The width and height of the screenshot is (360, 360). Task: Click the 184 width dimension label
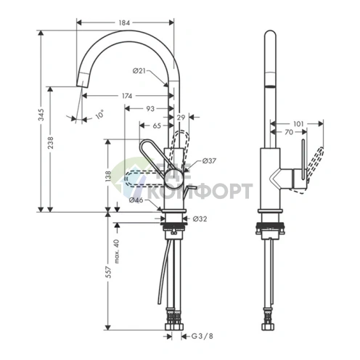coord(124,22)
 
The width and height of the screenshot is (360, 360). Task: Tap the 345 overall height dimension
coord(41,115)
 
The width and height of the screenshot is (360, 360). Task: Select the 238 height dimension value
coord(50,142)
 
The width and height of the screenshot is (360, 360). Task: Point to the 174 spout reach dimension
coord(127,96)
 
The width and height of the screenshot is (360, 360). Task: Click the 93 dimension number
coord(150,109)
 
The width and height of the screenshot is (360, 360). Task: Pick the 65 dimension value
coord(157,126)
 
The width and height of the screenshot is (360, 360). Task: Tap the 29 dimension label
coord(181,118)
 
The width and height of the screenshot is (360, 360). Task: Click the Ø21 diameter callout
coord(139,70)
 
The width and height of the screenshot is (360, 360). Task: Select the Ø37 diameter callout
coord(209,160)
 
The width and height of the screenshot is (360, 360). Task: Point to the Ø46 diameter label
coord(136,200)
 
